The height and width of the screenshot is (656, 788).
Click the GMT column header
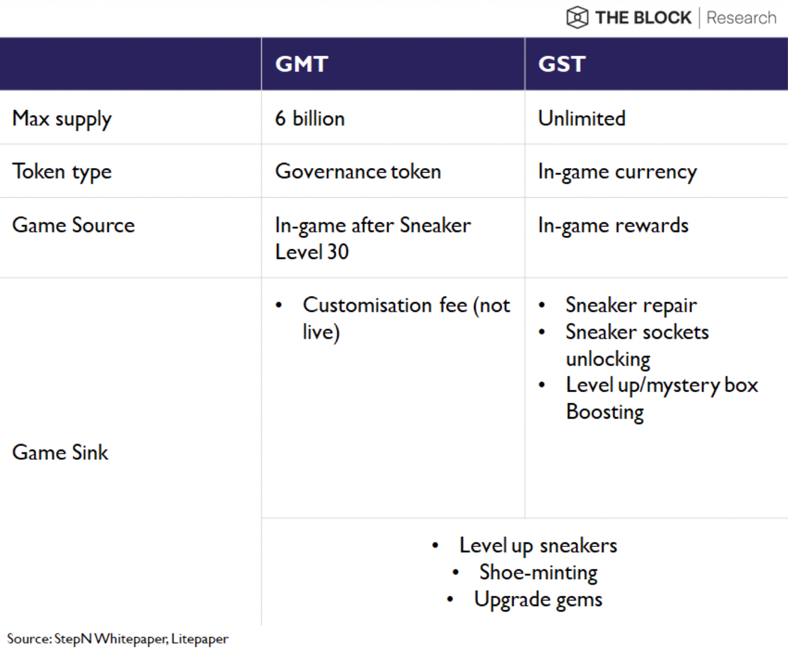pos(302,64)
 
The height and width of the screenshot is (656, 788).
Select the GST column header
pos(562,64)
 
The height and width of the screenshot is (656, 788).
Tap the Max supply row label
pos(62,119)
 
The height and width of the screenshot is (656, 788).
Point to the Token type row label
pos(62,172)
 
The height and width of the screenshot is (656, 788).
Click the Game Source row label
pos(73,225)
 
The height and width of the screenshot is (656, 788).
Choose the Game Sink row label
pos(60,452)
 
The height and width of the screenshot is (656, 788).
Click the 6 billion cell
pos(310,118)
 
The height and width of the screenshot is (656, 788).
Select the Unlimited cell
pos(582,118)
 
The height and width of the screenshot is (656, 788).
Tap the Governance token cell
pos(358,171)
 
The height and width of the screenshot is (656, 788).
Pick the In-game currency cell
pos(617,172)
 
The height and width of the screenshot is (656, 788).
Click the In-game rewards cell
pos(613,226)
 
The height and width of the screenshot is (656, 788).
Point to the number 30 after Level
pos(338,252)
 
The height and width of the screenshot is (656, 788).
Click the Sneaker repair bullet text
pos(631,306)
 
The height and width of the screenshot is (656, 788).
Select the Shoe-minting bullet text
pos(538,573)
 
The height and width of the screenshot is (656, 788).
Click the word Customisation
pos(367,305)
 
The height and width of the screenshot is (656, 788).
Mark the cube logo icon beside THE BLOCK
pos(577,17)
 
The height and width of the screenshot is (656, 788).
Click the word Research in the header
pos(741,18)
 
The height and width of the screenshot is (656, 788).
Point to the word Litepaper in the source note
pos(200,639)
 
